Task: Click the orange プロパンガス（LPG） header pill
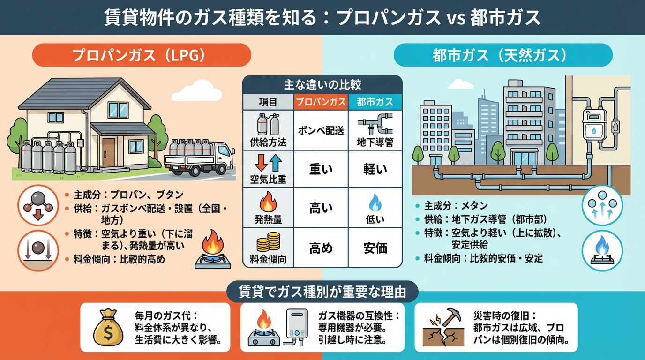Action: point(141,55)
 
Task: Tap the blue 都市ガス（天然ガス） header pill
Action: point(503,55)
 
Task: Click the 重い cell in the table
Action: point(322,169)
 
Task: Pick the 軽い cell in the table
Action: point(375,169)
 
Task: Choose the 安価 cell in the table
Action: point(375,247)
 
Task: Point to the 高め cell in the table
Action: point(322,247)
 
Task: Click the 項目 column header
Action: point(268,102)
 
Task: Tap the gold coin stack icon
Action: point(268,242)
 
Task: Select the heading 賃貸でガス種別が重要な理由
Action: point(322,292)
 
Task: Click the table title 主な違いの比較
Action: point(322,85)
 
